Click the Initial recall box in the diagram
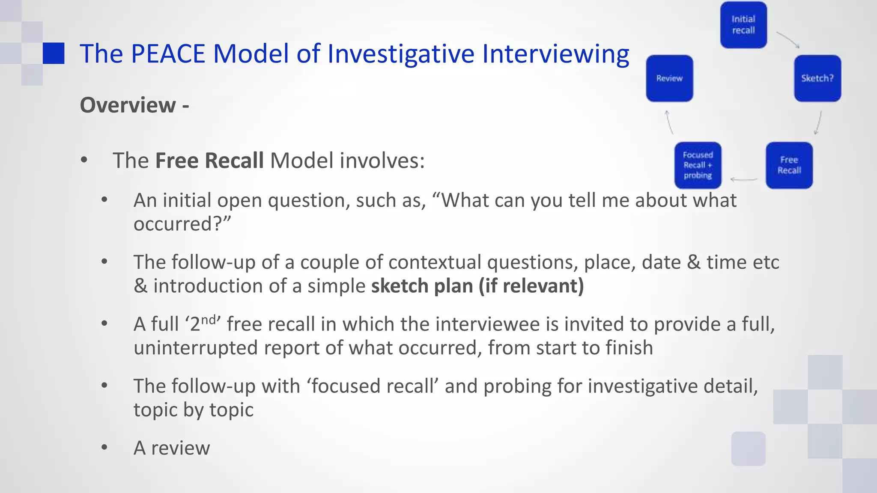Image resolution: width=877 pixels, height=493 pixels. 743,25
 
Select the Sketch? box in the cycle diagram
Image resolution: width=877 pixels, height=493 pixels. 817,78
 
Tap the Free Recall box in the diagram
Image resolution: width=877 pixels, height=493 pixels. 789,165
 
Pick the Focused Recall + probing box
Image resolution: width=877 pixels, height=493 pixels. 698,165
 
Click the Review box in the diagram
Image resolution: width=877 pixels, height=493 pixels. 669,78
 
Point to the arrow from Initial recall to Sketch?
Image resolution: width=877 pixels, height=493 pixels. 788,39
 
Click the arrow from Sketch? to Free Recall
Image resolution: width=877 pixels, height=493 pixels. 818,123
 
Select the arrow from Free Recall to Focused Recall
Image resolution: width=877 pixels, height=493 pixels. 744,179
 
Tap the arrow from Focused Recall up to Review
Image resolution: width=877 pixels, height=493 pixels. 669,122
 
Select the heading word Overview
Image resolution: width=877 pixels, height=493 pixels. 128,105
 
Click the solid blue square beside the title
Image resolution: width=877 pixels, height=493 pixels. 54,53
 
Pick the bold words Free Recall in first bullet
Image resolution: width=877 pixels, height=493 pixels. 209,161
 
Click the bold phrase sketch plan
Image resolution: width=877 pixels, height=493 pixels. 422,286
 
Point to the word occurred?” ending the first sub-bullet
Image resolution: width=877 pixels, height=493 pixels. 182,224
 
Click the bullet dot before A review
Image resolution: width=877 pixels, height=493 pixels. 104,448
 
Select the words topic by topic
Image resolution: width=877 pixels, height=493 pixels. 193,410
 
